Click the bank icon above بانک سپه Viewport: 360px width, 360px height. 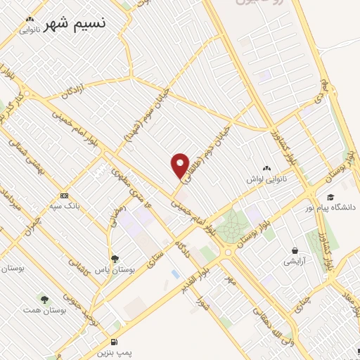click(65, 195)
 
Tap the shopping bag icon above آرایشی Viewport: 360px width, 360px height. click(295, 250)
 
